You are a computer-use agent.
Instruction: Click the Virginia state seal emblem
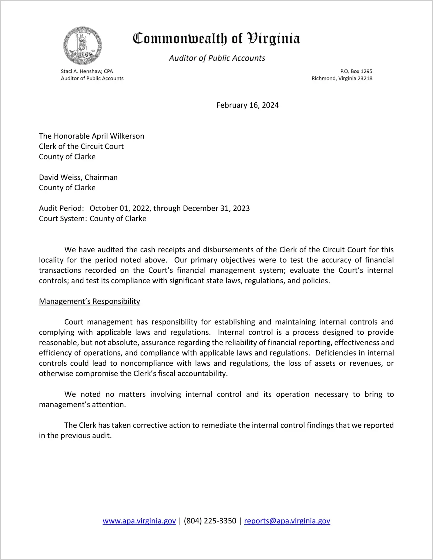83,46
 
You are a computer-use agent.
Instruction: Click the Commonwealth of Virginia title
216,39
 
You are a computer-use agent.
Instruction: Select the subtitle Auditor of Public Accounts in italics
217,58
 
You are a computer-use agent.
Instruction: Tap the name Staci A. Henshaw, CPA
87,71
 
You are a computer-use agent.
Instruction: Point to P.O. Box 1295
356,71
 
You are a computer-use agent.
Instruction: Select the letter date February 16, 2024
248,105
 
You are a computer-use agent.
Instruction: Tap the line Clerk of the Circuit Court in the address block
81,146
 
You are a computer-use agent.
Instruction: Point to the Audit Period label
61,209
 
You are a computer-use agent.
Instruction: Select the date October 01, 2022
120,209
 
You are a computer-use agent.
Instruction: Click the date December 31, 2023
216,209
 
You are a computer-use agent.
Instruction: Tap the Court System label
63,219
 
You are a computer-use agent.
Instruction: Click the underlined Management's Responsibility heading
89,302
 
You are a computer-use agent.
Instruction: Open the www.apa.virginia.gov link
139,521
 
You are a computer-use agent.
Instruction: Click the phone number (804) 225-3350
210,521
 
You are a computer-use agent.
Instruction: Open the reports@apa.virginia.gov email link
287,521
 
